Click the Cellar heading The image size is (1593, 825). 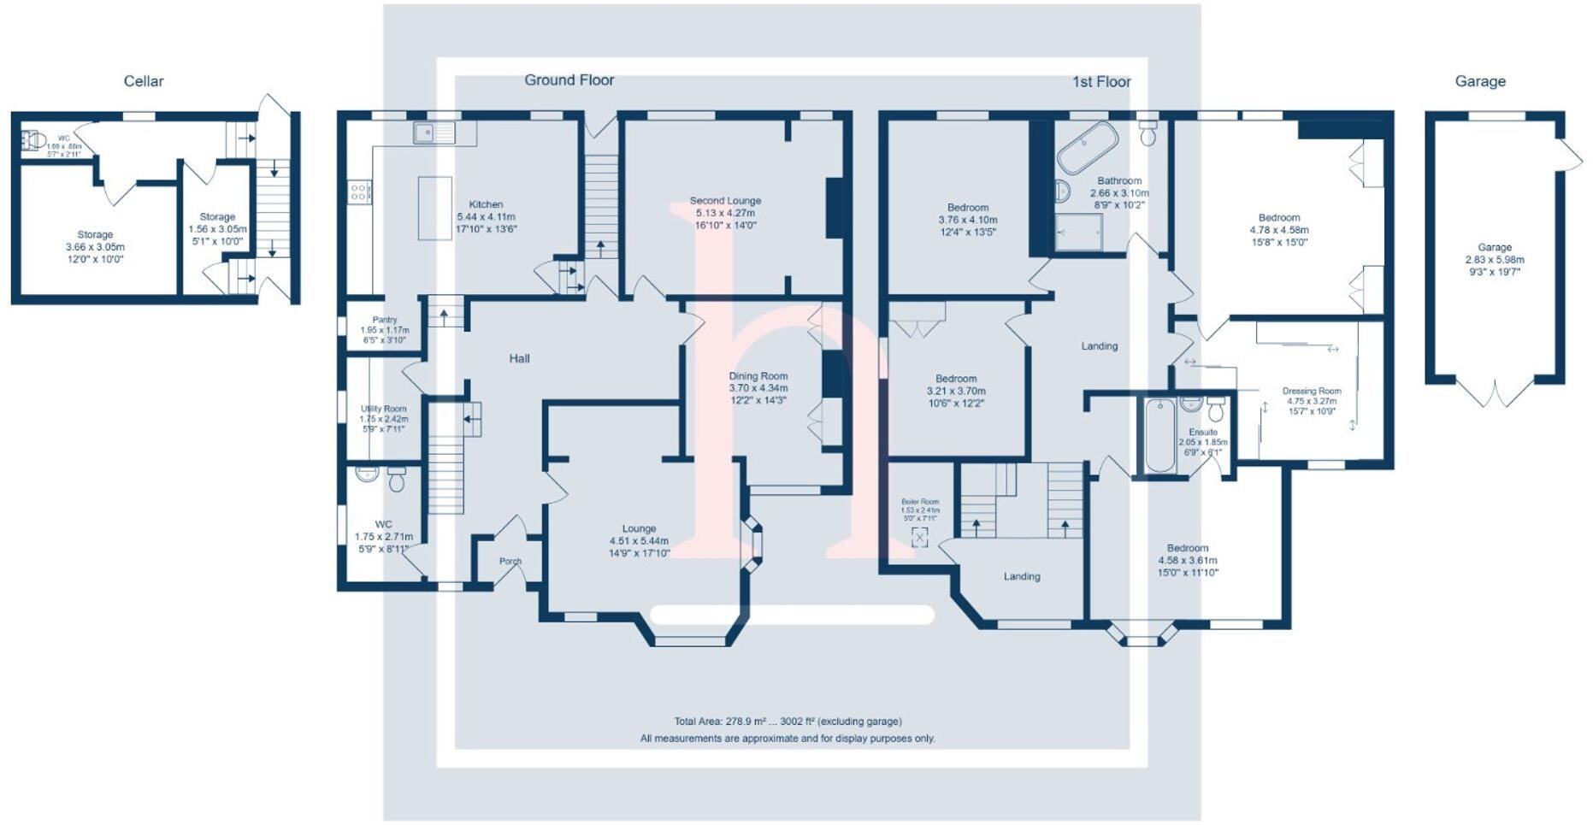coord(144,81)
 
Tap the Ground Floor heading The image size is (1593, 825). coord(569,80)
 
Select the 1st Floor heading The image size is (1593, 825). coord(1101,81)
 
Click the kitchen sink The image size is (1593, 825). coord(434,133)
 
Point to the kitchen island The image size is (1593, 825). coord(434,208)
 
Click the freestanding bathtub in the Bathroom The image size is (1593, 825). coord(1087,147)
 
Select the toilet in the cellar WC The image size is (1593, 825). coord(33,140)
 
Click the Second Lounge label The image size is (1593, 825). coord(725,201)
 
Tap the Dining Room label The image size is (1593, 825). coord(758,376)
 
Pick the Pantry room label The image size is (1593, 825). coord(385,320)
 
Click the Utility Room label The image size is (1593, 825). coord(383,409)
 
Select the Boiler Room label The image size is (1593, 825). coord(920,502)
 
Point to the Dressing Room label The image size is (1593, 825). coord(1312,391)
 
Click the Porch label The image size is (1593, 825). coord(510,562)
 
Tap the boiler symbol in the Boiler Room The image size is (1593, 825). coord(920,537)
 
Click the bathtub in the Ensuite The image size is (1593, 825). coord(1159,435)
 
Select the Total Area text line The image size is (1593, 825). coord(788,722)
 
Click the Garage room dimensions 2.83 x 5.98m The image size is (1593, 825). coord(1494,260)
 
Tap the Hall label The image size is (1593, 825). coord(519,359)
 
